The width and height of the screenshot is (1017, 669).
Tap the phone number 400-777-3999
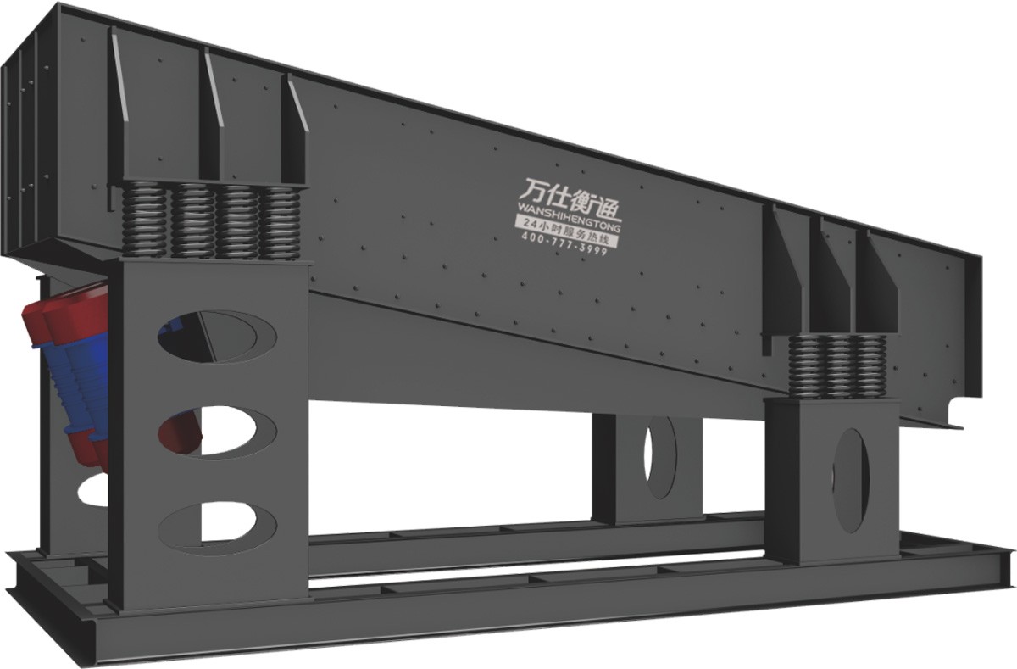pos(564,244)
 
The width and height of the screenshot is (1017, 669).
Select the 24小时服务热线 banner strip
pos(567,232)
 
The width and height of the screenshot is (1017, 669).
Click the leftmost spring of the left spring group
pos(143,220)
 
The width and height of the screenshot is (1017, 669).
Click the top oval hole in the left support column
pos(217,337)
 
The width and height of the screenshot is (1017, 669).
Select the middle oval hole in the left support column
pos(217,431)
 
